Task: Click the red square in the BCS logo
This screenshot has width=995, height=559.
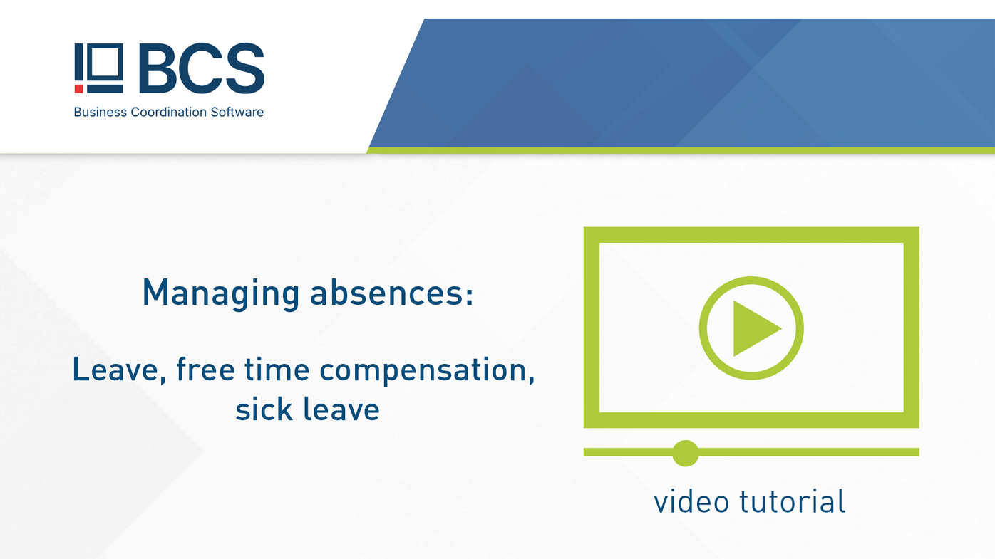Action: coord(78,89)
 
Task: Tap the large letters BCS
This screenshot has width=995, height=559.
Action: coord(201,68)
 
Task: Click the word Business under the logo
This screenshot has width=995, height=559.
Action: coord(100,112)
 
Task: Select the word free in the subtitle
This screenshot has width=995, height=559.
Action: coord(205,370)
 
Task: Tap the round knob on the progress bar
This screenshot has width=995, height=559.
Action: coord(685,453)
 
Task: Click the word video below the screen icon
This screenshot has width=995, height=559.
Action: coord(691,501)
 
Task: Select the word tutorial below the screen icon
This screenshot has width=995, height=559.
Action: coord(792,501)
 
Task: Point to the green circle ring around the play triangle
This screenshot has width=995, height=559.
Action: coord(703,328)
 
